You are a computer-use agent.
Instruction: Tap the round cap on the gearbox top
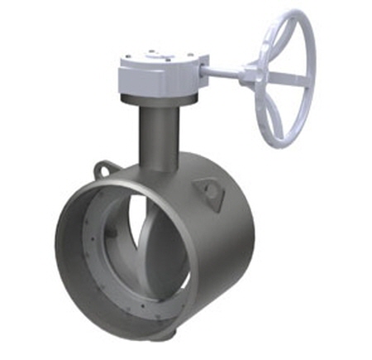[x=153, y=53]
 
